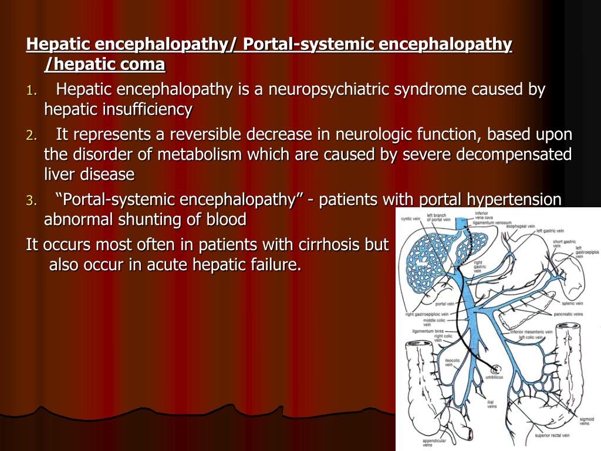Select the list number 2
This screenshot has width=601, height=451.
[x=31, y=136]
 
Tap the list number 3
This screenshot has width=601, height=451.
[x=31, y=201]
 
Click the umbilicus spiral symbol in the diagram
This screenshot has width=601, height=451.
[x=496, y=369]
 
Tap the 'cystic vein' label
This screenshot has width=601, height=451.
[x=411, y=218]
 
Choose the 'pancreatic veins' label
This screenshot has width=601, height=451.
[x=568, y=314]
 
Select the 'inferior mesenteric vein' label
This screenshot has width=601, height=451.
[x=531, y=332]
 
